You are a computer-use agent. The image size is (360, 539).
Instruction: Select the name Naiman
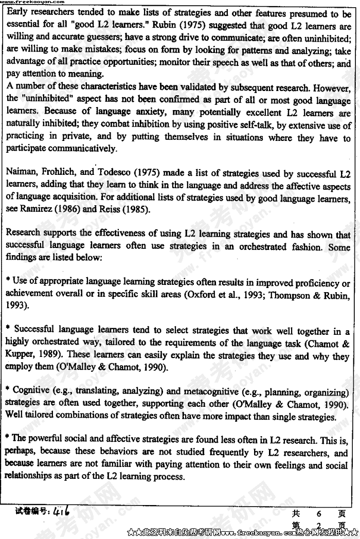pos(20,174)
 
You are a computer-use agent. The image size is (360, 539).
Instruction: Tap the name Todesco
pos(115,174)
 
